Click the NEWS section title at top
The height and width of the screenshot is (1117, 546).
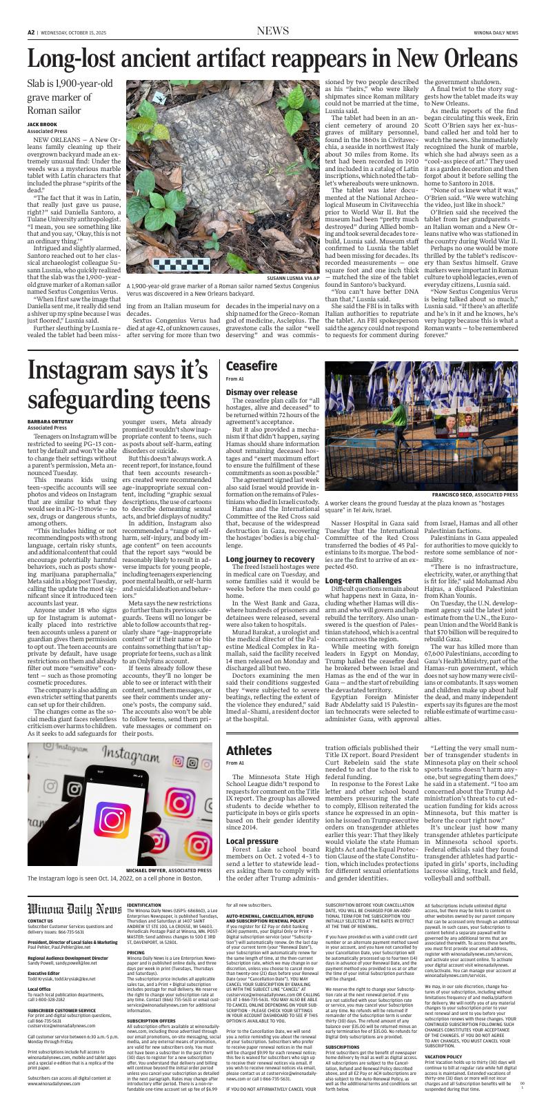click(x=272, y=31)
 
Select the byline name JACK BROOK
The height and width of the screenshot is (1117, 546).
click(x=43, y=124)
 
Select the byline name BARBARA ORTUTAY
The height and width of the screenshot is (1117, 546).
click(x=52, y=421)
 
